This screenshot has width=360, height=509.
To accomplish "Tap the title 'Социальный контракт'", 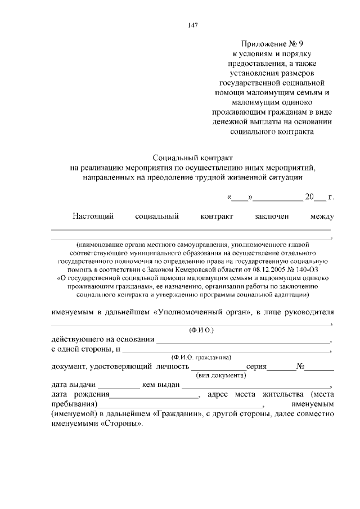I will pyautogui.click(x=193, y=159).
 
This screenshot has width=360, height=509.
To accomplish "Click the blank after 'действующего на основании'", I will pyautogui.click(x=243, y=340).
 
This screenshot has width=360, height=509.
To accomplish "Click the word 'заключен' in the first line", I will pyautogui.click(x=271, y=217).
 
